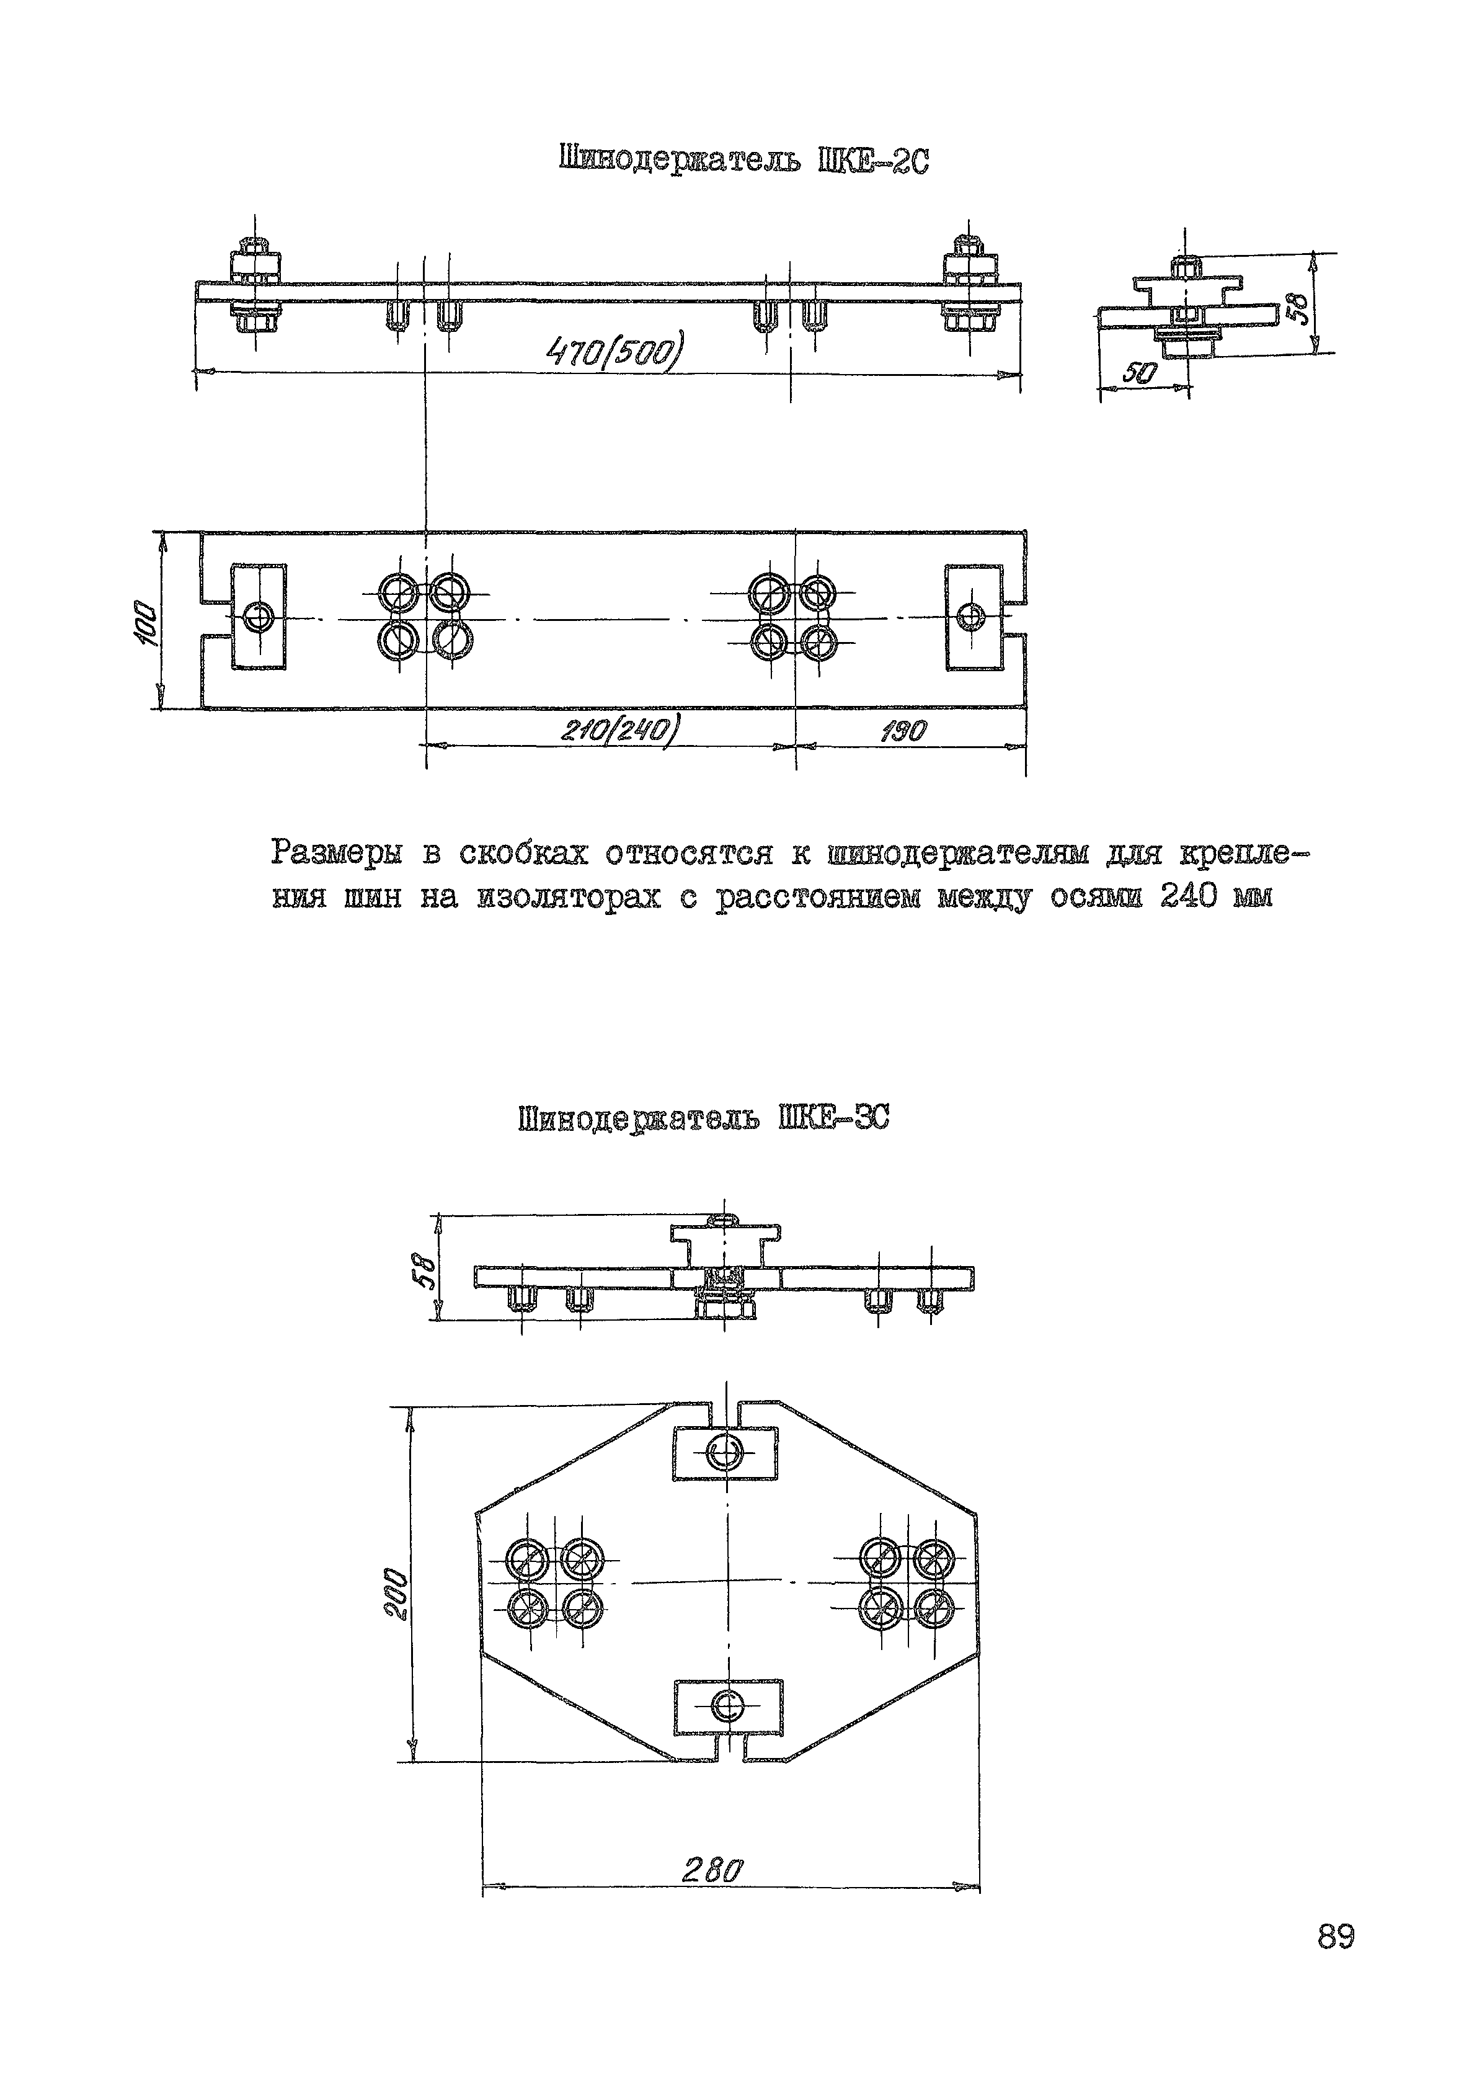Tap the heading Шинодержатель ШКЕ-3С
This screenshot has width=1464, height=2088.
tap(703, 1118)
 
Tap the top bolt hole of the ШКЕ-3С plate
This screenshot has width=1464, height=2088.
tap(725, 1452)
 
